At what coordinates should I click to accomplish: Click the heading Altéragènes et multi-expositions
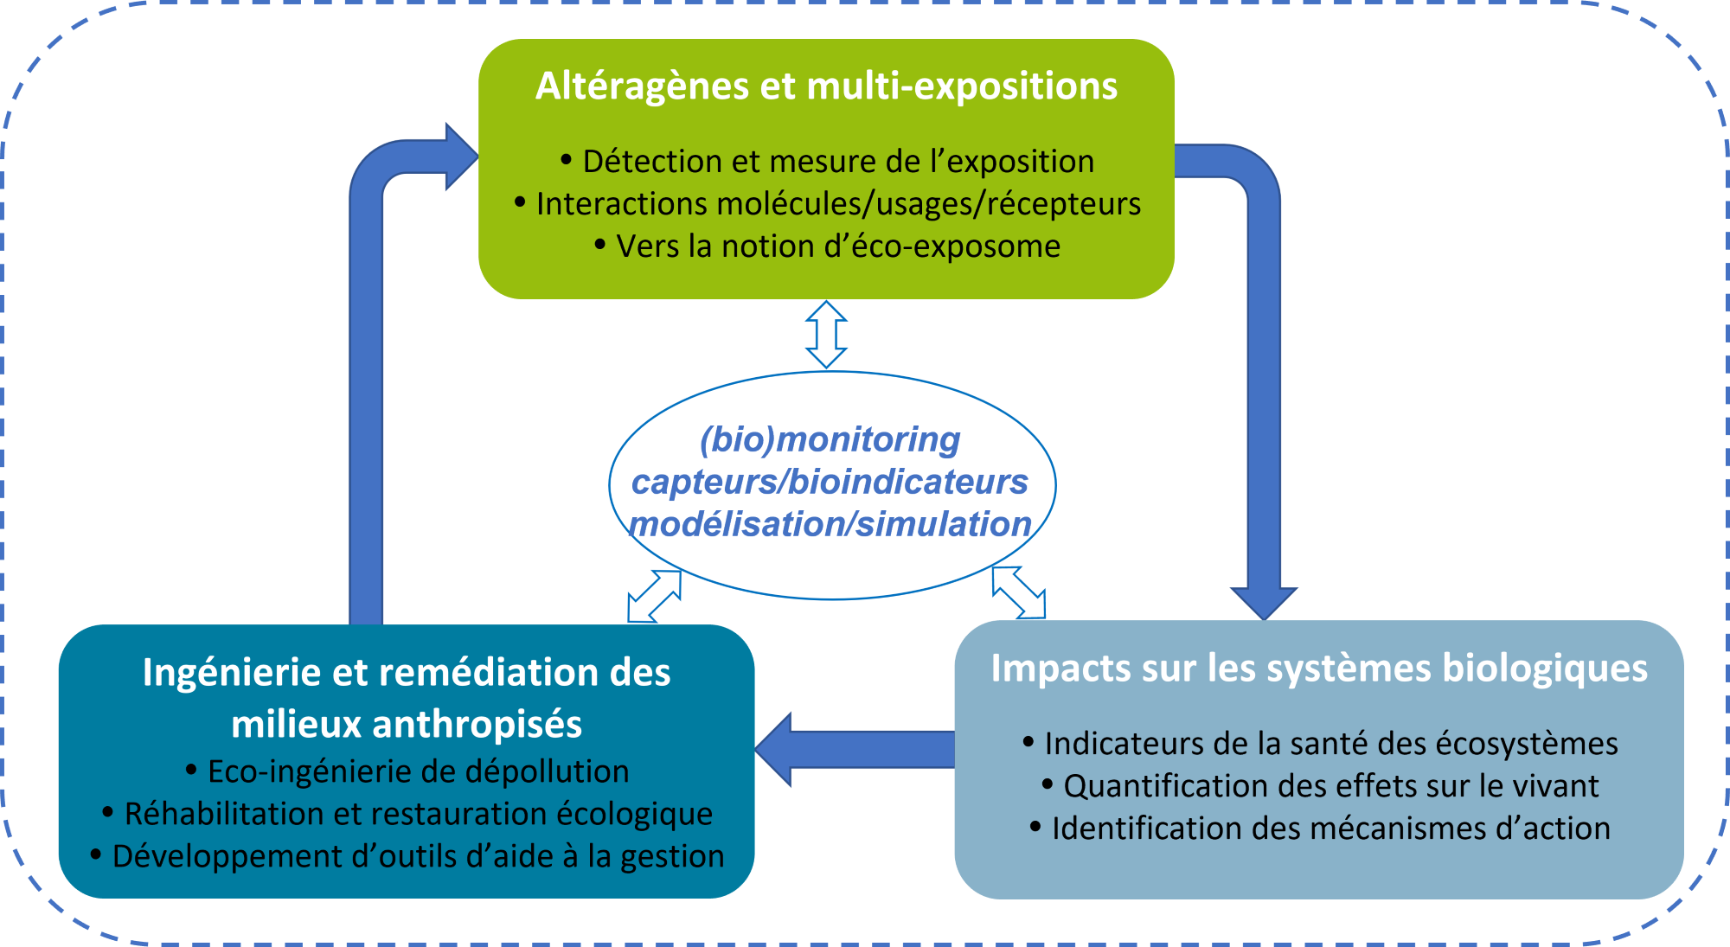pos(826,86)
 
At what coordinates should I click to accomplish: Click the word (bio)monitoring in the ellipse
pos(830,439)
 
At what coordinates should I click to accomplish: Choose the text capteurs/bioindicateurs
pos(830,482)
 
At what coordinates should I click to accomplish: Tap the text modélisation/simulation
pos(830,524)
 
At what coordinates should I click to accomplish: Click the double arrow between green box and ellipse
pos(826,335)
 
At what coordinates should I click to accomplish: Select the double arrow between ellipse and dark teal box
pos(654,596)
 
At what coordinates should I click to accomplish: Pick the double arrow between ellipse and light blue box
pos(1019,592)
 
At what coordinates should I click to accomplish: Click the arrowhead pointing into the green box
pos(458,157)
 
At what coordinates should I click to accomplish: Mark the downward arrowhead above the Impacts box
pos(1264,601)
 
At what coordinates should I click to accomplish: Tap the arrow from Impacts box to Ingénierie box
pos(856,749)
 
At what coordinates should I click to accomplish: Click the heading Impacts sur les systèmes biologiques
pos(1319,669)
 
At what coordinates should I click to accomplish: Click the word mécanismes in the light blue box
pos(1369,829)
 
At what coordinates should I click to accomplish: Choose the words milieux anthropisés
pos(407,725)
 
